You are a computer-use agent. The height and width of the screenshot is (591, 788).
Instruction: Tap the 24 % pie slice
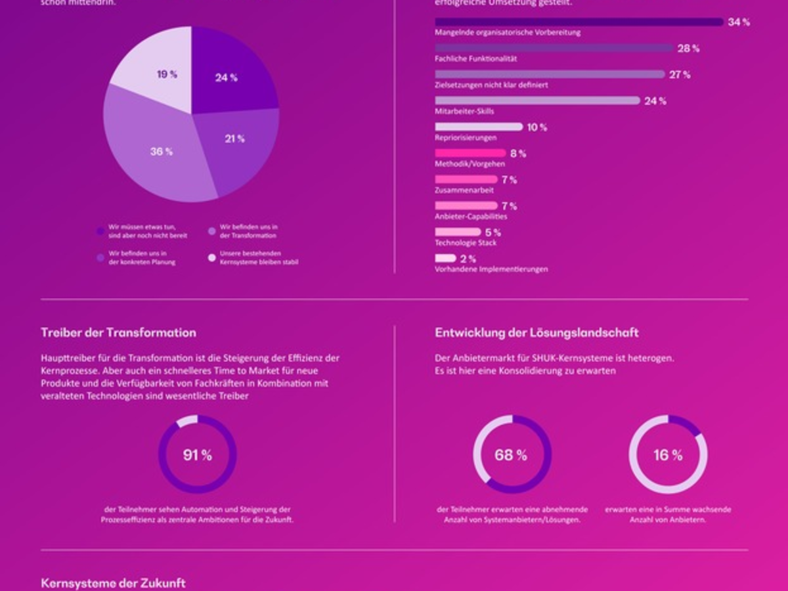(x=230, y=72)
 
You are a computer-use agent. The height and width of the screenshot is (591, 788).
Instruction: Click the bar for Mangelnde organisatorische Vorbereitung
(x=579, y=22)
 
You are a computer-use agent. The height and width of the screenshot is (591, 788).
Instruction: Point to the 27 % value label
(x=680, y=75)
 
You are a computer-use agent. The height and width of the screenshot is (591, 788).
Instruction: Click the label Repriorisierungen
(x=466, y=138)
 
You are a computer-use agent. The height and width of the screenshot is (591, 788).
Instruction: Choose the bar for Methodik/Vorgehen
(x=470, y=153)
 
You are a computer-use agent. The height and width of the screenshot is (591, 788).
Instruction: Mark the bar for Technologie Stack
(x=458, y=232)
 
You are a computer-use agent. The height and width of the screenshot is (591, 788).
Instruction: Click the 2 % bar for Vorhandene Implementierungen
(x=445, y=258)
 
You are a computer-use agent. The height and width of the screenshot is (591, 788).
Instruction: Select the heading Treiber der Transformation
(x=118, y=333)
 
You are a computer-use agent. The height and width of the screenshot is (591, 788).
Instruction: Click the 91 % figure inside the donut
(x=197, y=455)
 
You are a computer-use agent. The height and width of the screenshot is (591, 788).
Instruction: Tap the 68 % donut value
(x=511, y=455)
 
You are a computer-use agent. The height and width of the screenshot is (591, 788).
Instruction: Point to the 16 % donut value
(x=668, y=455)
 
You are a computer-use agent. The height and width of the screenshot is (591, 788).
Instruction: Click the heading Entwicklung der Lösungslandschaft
(x=536, y=333)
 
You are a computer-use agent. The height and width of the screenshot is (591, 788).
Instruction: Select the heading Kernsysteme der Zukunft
(x=113, y=583)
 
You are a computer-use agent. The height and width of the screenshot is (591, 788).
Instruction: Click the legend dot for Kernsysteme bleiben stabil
(x=211, y=257)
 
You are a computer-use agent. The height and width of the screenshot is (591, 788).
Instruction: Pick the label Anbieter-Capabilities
(x=471, y=217)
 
